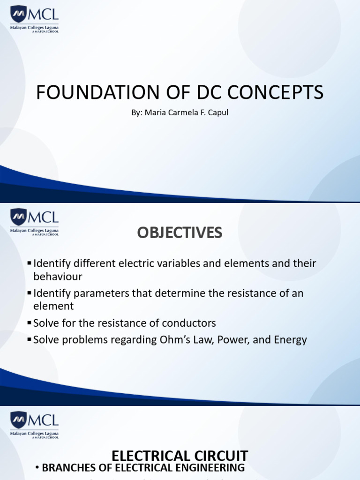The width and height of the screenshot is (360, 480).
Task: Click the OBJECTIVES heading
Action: [x=180, y=233]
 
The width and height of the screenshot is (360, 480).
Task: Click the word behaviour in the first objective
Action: [x=58, y=277]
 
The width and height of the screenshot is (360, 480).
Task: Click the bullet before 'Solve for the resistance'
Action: [x=30, y=323]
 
